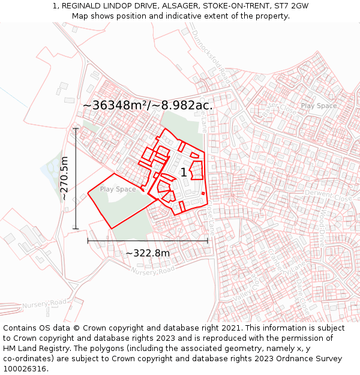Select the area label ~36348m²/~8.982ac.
[148, 105]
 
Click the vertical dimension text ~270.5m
[64, 178]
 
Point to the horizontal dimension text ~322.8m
[148, 253]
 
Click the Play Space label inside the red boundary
[118, 190]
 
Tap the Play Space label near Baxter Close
[319, 106]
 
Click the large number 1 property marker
[184, 173]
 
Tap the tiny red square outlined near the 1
[203, 193]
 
